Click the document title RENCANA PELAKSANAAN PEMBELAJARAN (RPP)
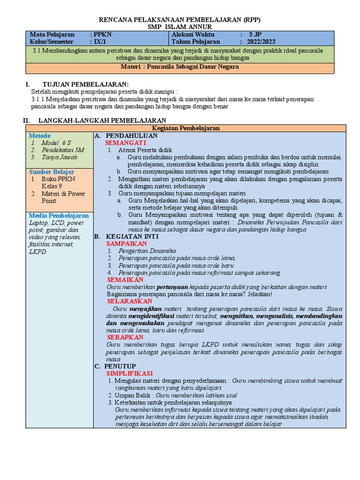click(x=180, y=20)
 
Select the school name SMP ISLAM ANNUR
click(x=180, y=27)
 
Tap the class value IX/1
click(x=100, y=42)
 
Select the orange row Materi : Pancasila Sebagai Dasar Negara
click(x=180, y=67)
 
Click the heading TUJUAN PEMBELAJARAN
click(x=85, y=84)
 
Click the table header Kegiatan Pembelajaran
click(x=186, y=128)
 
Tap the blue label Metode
click(x=40, y=135)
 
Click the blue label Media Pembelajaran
click(x=59, y=215)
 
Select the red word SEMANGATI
click(x=126, y=142)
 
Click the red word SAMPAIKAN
click(x=127, y=244)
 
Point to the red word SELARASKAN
click(x=129, y=301)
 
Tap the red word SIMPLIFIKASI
click(x=129, y=373)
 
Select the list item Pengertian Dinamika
click(x=147, y=251)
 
